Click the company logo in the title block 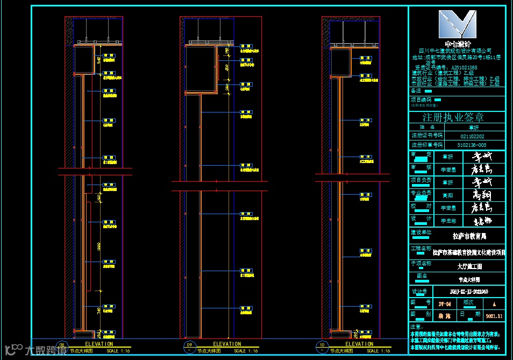[x=457, y=24]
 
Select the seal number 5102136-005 [x=472, y=145]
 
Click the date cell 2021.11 [x=493, y=316]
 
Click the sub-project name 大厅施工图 [x=469, y=266]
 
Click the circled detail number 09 [x=189, y=345]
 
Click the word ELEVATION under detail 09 [x=227, y=344]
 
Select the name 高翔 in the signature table [x=447, y=195]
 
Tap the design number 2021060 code [x=469, y=292]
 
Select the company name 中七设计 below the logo [x=457, y=44]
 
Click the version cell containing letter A [x=493, y=303]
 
